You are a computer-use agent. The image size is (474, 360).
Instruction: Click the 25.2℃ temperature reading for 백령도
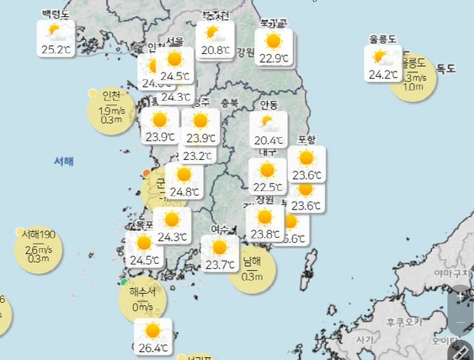click(x=56, y=50)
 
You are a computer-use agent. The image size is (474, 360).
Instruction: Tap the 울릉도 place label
click(x=382, y=39)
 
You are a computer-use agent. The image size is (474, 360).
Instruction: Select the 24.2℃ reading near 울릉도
click(x=384, y=74)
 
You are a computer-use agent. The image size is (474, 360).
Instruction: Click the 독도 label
click(x=446, y=68)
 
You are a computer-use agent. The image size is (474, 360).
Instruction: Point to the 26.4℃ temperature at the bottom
click(x=153, y=347)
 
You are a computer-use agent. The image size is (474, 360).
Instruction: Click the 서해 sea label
click(x=64, y=160)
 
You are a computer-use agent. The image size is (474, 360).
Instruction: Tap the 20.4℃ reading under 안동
click(x=268, y=140)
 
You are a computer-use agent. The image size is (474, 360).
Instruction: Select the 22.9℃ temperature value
click(x=273, y=58)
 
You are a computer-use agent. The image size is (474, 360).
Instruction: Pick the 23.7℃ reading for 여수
click(x=219, y=264)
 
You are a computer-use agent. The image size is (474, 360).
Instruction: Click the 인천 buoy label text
click(x=111, y=96)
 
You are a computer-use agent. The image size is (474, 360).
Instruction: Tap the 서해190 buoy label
click(x=38, y=234)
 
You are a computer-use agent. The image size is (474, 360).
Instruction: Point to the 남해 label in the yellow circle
click(x=253, y=261)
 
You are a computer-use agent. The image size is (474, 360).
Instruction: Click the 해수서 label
click(x=142, y=291)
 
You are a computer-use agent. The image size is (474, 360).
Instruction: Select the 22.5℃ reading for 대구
click(x=267, y=187)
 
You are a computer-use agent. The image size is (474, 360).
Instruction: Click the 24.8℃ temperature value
click(x=184, y=193)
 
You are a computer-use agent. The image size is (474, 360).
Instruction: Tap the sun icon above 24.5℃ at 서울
click(x=175, y=59)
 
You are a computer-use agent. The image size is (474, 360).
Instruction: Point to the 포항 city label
click(x=306, y=140)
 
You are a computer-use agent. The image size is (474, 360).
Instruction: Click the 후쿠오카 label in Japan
click(x=404, y=321)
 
